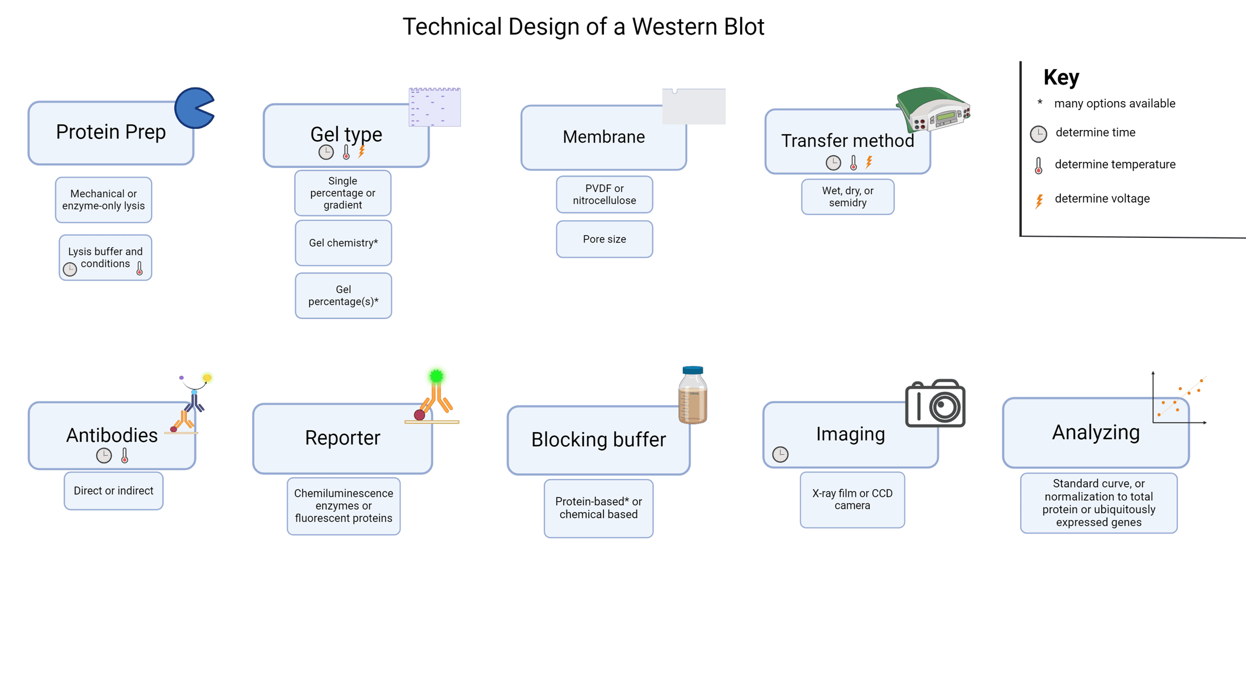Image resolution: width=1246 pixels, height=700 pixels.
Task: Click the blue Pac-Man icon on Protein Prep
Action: (193, 108)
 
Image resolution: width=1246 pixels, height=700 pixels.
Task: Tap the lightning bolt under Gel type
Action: (362, 152)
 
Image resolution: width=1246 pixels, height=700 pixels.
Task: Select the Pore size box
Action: (604, 239)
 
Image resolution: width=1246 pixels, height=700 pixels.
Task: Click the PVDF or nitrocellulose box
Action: (604, 194)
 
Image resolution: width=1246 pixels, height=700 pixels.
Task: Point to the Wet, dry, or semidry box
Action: (847, 196)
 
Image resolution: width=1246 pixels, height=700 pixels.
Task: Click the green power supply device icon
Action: (933, 110)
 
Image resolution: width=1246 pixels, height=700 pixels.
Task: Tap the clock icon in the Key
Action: (1038, 134)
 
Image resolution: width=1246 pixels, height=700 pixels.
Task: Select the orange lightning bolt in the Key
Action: (1039, 201)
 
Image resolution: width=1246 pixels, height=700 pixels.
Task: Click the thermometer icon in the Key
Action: (1039, 166)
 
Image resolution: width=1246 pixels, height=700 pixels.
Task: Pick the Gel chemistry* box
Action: (343, 243)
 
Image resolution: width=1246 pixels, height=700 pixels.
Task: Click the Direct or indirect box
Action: (113, 491)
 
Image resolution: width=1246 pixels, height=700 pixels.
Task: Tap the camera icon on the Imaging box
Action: (935, 404)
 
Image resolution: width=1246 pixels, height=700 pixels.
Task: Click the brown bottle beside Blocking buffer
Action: (693, 396)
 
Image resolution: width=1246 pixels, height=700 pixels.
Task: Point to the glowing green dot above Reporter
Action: (436, 376)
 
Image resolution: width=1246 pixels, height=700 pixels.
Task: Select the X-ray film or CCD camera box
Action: (851, 500)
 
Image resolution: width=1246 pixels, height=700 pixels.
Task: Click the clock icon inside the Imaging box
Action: (780, 454)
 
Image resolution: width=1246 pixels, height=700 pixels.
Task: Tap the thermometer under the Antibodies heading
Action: (125, 455)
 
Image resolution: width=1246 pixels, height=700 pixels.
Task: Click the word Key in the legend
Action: (1060, 77)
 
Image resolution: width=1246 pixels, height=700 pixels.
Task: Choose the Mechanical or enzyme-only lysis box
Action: (103, 200)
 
